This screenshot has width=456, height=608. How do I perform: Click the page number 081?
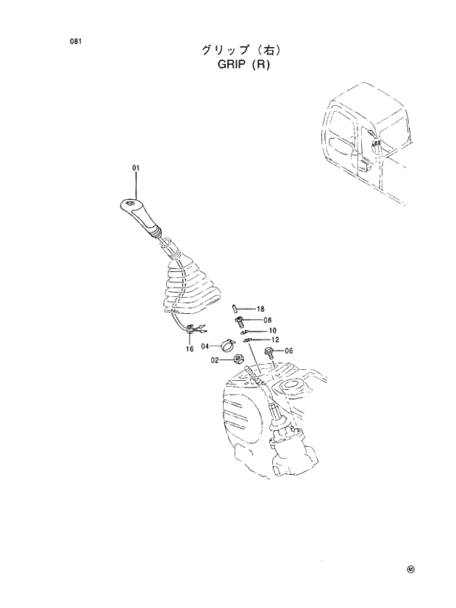click(x=75, y=42)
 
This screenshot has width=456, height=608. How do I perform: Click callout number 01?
click(x=136, y=168)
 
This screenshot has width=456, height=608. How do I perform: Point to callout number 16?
click(x=190, y=348)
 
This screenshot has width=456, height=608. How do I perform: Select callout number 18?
click(x=260, y=310)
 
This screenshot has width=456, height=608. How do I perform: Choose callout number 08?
click(x=266, y=321)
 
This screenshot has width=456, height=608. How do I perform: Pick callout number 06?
click(x=288, y=351)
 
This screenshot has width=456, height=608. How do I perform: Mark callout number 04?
click(x=205, y=346)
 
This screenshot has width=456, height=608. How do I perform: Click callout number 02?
click(x=214, y=360)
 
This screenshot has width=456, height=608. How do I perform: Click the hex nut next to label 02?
click(x=238, y=360)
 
